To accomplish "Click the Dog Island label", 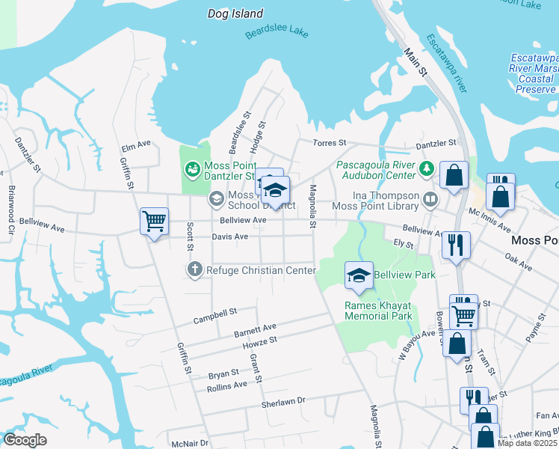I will coord(235,13).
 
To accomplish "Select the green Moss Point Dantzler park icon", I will coord(193,170).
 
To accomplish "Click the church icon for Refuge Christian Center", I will coord(195,269).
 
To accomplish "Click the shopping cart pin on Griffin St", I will coord(154,222).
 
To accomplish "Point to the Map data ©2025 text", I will coord(527,444).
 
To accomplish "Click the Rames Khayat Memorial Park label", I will coord(379,311).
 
